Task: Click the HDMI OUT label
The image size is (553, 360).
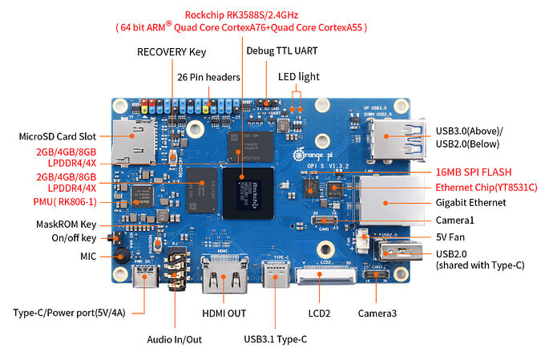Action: click(x=224, y=313)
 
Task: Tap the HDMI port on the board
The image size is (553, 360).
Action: click(x=224, y=274)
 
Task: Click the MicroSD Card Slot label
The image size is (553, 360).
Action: click(x=58, y=136)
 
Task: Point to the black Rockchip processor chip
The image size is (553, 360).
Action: click(x=248, y=192)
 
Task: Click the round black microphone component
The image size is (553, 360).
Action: click(x=121, y=255)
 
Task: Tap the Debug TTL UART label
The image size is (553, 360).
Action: click(x=282, y=51)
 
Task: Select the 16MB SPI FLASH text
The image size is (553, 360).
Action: click(x=474, y=172)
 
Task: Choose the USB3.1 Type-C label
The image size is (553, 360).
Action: click(x=276, y=339)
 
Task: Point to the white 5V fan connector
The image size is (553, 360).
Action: click(x=361, y=241)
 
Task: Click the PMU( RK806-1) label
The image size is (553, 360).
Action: click(x=65, y=202)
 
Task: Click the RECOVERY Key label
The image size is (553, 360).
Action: click(x=172, y=52)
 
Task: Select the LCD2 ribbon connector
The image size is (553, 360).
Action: click(x=326, y=276)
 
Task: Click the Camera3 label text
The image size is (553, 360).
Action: click(x=377, y=313)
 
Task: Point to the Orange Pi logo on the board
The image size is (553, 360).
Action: click(x=313, y=155)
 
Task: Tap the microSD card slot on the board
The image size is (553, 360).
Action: click(x=134, y=142)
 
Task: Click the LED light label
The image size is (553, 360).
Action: click(x=299, y=77)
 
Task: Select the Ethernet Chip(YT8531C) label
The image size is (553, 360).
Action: click(x=486, y=188)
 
